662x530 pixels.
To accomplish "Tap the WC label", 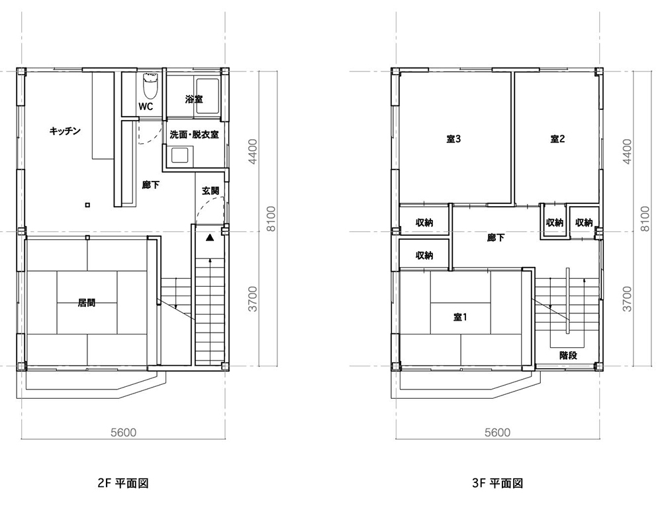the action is (146, 107).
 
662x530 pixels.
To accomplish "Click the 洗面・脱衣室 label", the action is (194, 135).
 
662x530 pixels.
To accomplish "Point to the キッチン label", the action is (65, 131).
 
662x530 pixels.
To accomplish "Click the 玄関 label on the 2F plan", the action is (211, 191).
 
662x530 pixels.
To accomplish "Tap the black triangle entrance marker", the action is (210, 238).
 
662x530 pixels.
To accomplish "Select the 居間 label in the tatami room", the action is (87, 303).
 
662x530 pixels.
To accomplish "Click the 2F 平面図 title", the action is (123, 483).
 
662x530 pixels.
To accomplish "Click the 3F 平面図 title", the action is (498, 483).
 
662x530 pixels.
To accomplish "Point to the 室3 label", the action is (453, 139).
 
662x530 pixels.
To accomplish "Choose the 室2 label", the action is (557, 139).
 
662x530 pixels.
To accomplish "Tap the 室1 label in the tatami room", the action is (460, 317).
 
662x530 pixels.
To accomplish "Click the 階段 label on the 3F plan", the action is (568, 356).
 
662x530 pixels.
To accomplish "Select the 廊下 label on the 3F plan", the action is (496, 238).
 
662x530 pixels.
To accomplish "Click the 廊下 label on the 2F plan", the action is (151, 185).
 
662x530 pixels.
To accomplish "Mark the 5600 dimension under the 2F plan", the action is (123, 433).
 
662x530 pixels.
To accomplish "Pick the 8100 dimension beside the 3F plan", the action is (645, 219).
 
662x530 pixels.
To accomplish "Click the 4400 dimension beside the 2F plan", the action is (252, 152).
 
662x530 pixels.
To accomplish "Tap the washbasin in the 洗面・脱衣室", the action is (179, 155).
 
